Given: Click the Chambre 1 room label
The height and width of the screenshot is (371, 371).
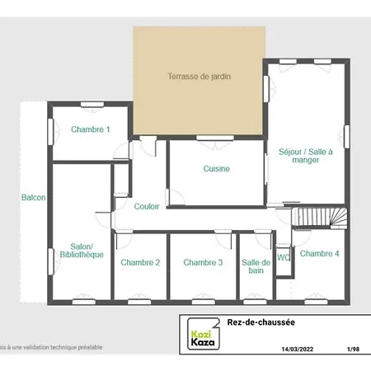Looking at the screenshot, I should pos(90,129).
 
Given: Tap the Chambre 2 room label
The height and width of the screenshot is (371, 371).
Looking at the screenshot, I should pos(140,263).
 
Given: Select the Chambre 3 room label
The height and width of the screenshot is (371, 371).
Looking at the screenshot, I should pos(203,263).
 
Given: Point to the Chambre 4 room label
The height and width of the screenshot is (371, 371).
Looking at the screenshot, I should pos(319,254).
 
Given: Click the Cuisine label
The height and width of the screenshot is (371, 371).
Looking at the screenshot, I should pos(216,169).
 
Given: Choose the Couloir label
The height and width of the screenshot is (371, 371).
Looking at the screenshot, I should pos(147,206).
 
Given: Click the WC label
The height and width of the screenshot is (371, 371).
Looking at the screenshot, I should pos(284,257).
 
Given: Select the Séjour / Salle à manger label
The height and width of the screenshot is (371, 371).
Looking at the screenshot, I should pos(305,156).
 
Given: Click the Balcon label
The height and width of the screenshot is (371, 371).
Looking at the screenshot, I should pos(33,198).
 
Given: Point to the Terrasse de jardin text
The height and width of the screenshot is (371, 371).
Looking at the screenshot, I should pos(200,77).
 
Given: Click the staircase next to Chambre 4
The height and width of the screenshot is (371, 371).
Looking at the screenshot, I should pos(321,217).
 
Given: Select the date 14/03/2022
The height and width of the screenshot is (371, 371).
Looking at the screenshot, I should pos(298,350).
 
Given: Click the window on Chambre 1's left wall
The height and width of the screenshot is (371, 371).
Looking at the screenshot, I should pos(49,129).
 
